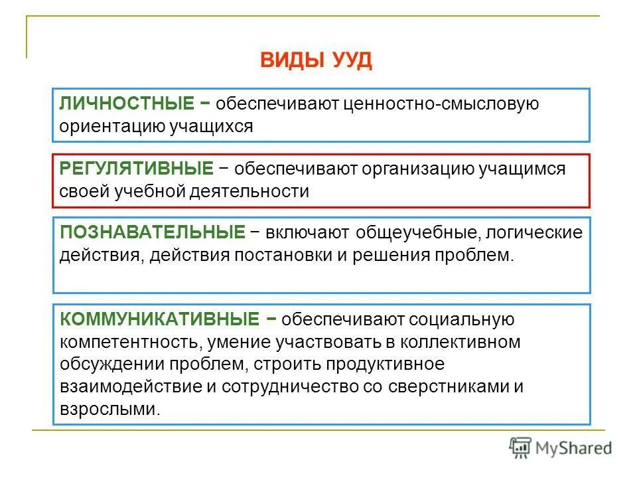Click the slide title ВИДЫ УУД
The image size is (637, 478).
(x=316, y=61)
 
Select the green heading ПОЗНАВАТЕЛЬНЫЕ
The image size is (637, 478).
(x=152, y=233)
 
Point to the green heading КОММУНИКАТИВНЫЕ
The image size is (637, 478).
(x=159, y=320)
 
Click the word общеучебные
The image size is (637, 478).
(x=419, y=234)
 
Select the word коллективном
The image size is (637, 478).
(x=464, y=343)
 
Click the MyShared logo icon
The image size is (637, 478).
(x=520, y=447)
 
